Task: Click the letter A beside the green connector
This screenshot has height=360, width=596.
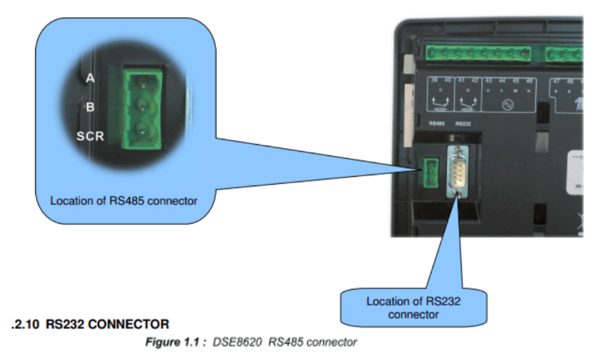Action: point(90,78)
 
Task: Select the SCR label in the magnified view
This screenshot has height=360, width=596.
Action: point(90,136)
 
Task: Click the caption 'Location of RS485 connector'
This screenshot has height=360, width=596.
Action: point(123,200)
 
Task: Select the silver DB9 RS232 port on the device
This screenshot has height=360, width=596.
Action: point(457,172)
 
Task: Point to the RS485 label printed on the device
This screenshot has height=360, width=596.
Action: point(436,123)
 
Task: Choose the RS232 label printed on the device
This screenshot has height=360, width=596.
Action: point(462,123)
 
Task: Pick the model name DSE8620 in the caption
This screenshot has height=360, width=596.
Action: point(236,341)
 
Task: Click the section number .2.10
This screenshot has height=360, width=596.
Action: point(26,323)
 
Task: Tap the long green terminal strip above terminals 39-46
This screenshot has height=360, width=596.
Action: point(480,53)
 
